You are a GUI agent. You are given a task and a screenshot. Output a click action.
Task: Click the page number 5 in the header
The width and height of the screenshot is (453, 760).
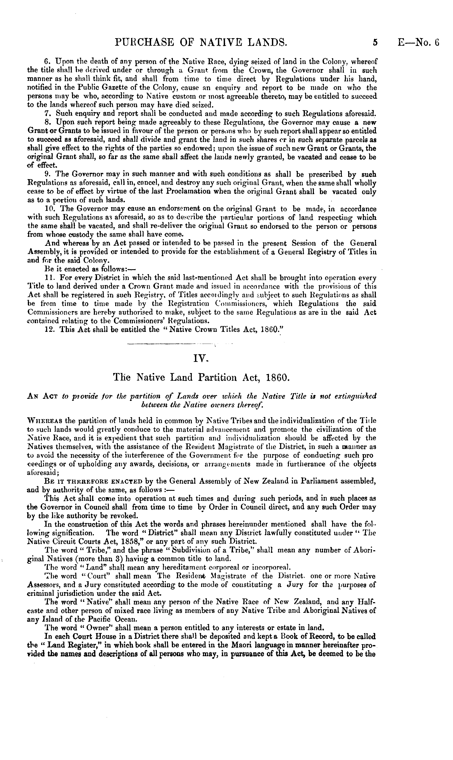point(375,42)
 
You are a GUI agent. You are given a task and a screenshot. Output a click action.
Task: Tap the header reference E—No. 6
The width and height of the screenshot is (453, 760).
point(418,42)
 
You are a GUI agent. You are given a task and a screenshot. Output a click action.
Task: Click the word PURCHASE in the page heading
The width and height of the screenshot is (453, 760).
point(139,42)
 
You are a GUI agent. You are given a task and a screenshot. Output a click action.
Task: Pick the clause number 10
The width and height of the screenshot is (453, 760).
point(49,209)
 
